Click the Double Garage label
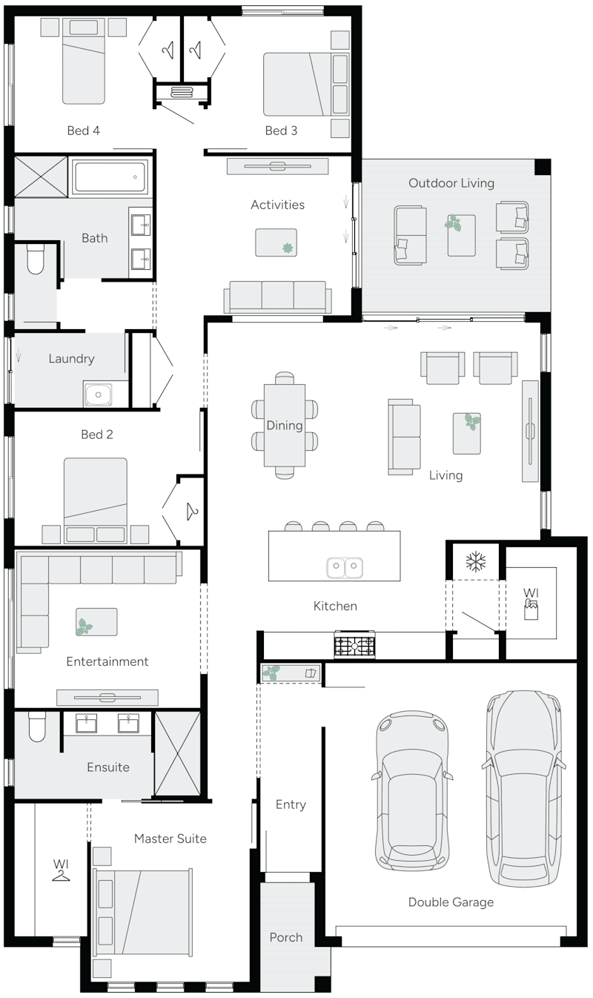point(451,902)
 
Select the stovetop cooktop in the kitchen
point(355,645)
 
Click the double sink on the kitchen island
point(345,567)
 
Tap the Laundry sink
point(98,394)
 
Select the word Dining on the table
point(285,426)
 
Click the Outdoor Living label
point(451,183)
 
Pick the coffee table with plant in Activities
point(276,242)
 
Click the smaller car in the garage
point(411,793)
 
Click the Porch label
point(286,937)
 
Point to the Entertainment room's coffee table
point(96,621)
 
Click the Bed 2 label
point(97,434)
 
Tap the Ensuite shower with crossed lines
point(177,754)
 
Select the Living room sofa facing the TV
point(404,437)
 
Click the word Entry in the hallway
point(291,804)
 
